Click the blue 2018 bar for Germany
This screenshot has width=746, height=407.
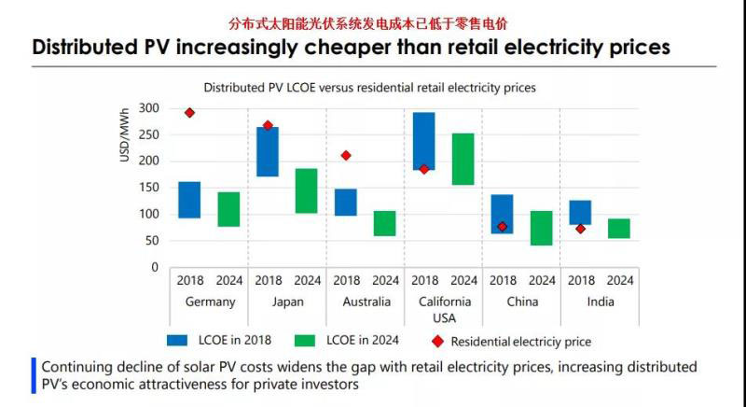tap(189, 200)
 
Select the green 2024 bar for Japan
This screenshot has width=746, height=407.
tap(307, 190)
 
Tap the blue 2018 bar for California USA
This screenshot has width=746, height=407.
tap(424, 141)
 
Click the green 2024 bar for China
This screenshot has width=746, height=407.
tap(542, 228)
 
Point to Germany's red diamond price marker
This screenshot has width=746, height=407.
tap(189, 113)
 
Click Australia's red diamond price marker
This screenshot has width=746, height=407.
tap(346, 156)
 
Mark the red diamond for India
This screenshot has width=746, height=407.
tap(580, 229)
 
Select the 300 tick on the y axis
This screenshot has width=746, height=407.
tap(148, 108)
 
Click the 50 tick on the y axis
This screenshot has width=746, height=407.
tap(151, 241)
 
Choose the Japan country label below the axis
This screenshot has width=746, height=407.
tap(287, 302)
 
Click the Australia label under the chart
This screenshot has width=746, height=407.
tap(366, 302)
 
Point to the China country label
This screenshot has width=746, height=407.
tap(521, 302)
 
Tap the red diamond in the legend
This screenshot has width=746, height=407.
tap(437, 342)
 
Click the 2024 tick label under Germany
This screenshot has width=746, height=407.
tap(228, 280)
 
